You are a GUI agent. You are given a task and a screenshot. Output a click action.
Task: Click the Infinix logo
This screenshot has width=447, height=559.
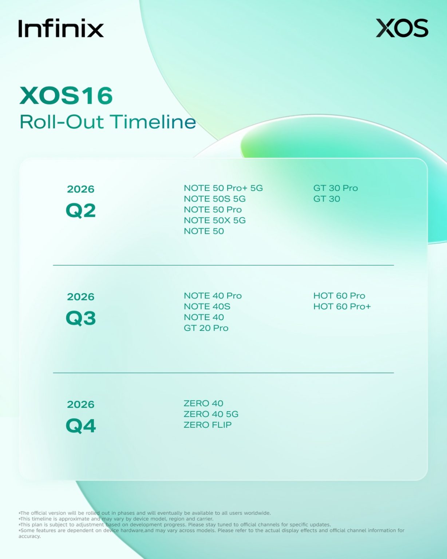pos(61,28)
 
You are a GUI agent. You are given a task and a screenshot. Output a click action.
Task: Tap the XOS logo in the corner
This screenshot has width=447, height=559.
pos(402,28)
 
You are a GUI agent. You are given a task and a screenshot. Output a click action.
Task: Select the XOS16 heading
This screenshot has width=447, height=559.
pos(66,96)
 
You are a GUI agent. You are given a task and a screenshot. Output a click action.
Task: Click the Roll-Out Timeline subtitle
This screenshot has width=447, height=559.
pos(108,122)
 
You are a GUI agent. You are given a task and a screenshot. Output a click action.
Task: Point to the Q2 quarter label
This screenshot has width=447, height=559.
pos(81,211)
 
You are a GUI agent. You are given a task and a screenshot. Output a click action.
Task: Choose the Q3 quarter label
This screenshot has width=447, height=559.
pos(81,318)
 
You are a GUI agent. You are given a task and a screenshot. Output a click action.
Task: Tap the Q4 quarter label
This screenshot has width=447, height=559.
pos(81,426)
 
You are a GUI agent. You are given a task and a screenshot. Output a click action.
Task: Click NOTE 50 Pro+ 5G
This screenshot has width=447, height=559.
pos(223,188)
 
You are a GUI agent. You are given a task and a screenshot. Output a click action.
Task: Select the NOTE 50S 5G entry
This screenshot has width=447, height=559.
pos(214,199)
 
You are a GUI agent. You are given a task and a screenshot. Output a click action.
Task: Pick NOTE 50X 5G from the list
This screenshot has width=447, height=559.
pos(214,221)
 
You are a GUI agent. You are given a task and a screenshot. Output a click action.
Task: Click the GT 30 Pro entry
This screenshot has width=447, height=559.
pos(335,188)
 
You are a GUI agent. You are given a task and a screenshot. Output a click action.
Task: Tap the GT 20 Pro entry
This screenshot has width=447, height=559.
pos(206,328)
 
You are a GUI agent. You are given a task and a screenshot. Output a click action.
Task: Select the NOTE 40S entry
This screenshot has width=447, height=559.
pos(207,307)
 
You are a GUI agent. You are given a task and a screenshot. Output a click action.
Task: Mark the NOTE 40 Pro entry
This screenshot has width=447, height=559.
pos(213,296)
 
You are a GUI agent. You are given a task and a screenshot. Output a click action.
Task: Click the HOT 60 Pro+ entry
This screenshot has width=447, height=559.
pos(342,307)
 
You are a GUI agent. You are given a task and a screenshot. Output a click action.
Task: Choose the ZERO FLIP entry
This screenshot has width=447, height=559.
pos(207,425)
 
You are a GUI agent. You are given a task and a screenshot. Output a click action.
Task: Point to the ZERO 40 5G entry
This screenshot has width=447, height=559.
pos(211,414)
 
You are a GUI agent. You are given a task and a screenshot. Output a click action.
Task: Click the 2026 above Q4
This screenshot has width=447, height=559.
pos(81,405)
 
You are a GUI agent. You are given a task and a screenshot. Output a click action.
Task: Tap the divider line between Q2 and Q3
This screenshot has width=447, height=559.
pos(223,265)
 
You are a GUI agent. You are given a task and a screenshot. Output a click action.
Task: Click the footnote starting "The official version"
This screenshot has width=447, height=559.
pos(145,513)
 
